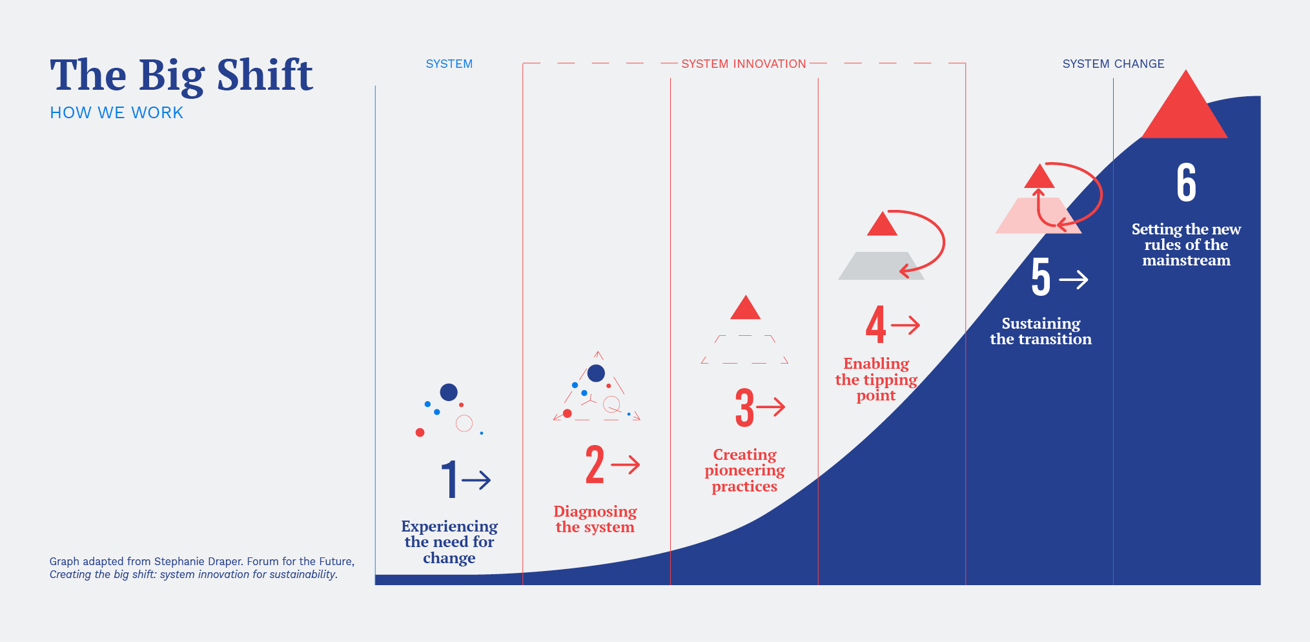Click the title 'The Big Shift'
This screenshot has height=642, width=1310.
[x=181, y=76]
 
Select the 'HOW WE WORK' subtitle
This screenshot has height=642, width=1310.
[x=117, y=113]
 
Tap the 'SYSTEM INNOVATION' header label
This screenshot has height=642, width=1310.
[x=744, y=64]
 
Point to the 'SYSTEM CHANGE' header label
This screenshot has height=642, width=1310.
[x=1113, y=64]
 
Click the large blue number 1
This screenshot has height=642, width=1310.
[x=449, y=479]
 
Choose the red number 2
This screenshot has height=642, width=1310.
[x=595, y=464]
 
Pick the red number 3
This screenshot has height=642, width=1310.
[x=744, y=408]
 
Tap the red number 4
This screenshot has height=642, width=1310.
[x=875, y=325]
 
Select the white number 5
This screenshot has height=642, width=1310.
[x=1041, y=278]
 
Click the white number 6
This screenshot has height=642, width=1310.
[x=1186, y=183]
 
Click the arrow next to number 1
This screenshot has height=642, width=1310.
[x=476, y=480]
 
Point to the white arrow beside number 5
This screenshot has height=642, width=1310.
[x=1074, y=279]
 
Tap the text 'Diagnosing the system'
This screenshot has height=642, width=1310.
[x=595, y=519]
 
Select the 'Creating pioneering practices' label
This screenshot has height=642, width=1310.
[x=744, y=470]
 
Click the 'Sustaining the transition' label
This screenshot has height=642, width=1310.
[x=1041, y=331]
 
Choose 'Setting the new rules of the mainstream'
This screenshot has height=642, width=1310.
[x=1186, y=245]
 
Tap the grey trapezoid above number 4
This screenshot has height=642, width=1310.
[x=881, y=265]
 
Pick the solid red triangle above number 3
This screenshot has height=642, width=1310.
[x=745, y=309]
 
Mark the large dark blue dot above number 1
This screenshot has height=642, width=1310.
[x=449, y=392]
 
